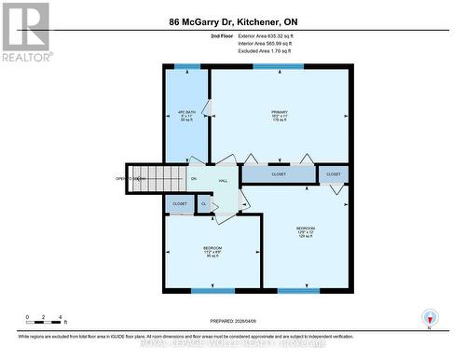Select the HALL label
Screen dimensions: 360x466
[x=224, y=180]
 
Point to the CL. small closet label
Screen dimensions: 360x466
[x=203, y=203]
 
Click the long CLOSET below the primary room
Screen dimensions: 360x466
[x=278, y=173]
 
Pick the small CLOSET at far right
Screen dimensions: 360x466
[x=334, y=173]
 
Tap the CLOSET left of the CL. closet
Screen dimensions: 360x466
[x=180, y=202]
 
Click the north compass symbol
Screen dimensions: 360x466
[x=429, y=318]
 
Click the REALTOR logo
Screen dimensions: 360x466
[x=25, y=32]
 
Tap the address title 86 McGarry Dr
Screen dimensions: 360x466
[x=232, y=21]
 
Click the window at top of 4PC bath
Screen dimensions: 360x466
[x=186, y=67]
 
